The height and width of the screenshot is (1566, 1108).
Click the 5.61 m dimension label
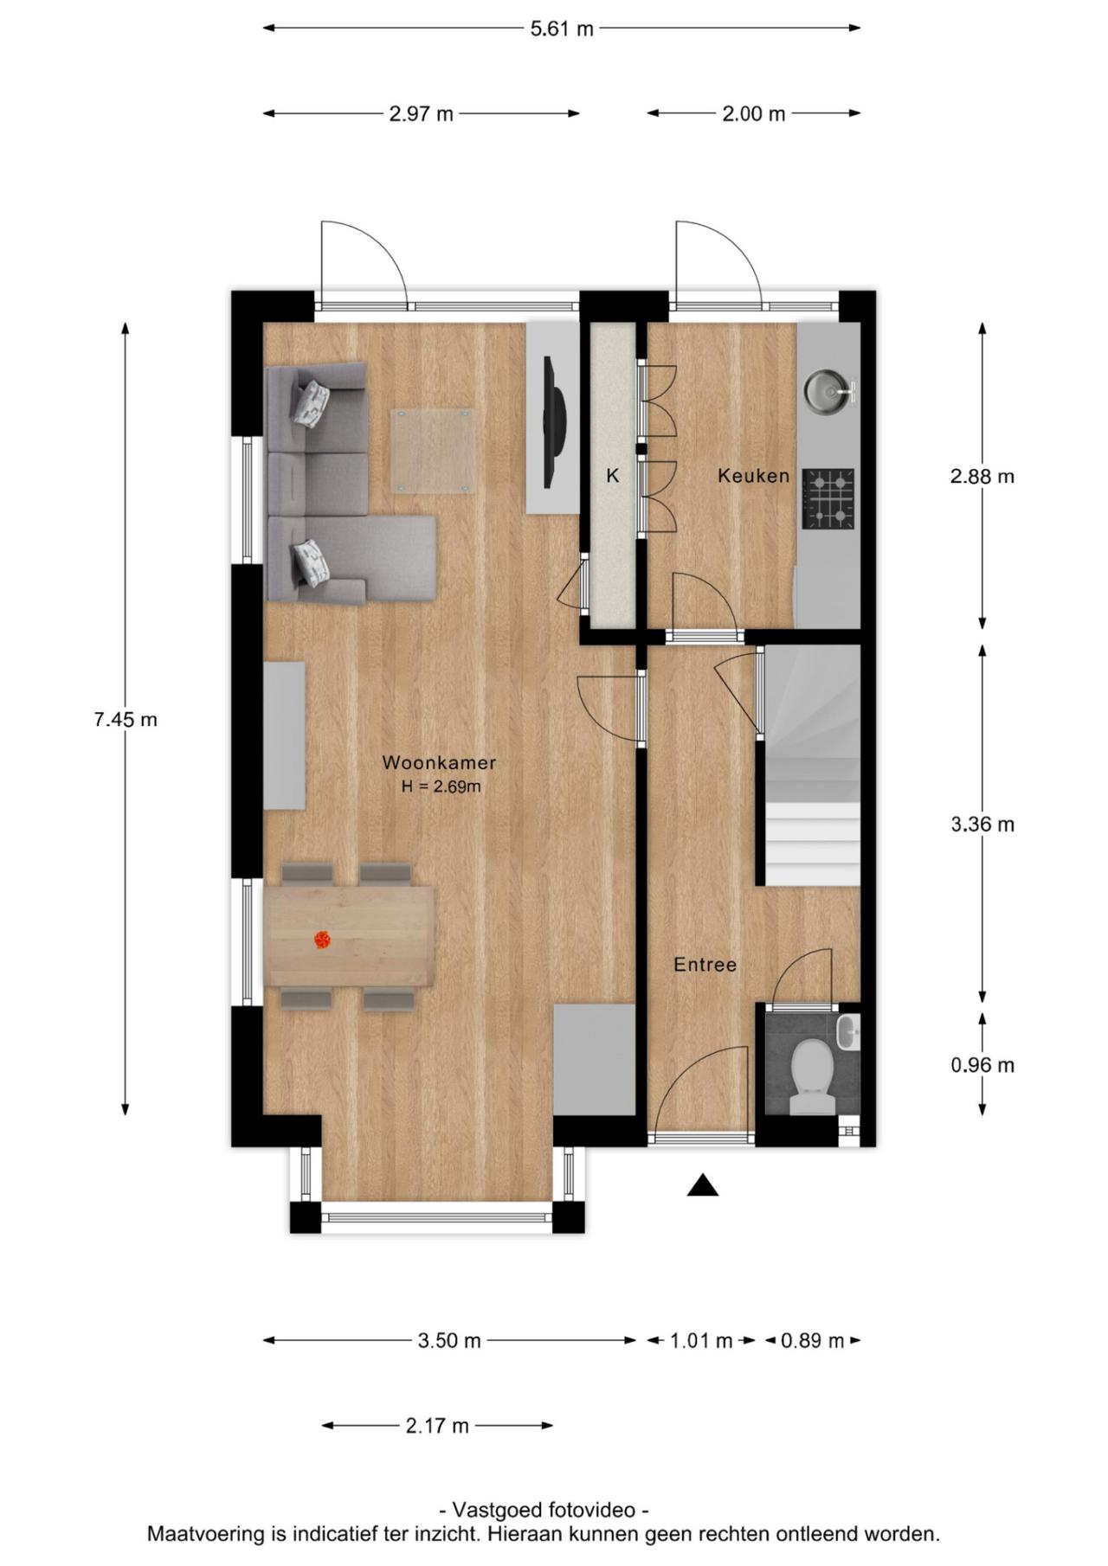click(x=562, y=29)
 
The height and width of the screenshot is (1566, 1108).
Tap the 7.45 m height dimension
click(x=126, y=719)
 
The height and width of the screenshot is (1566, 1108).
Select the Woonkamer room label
click(x=439, y=763)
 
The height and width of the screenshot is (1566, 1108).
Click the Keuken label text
click(x=753, y=476)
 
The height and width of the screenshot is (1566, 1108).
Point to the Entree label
click(x=705, y=965)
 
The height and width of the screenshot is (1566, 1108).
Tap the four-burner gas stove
click(x=828, y=499)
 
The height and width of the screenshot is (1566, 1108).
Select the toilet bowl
click(x=812, y=1071)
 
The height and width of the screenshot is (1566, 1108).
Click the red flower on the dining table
click(x=322, y=940)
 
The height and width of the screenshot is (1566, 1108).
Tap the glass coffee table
click(x=434, y=451)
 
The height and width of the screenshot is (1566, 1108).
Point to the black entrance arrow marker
click(x=703, y=1186)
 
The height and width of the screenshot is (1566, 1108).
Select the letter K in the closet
click(x=613, y=476)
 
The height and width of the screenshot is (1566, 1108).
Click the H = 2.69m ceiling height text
click(x=441, y=787)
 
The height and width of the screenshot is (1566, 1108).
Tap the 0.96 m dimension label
click(x=982, y=1065)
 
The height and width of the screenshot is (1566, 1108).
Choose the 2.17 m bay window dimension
click(x=437, y=1426)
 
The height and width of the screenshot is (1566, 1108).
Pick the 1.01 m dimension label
click(x=701, y=1341)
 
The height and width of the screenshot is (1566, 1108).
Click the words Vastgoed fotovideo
click(x=544, y=1511)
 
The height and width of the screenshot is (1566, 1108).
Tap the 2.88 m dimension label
click(x=982, y=476)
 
